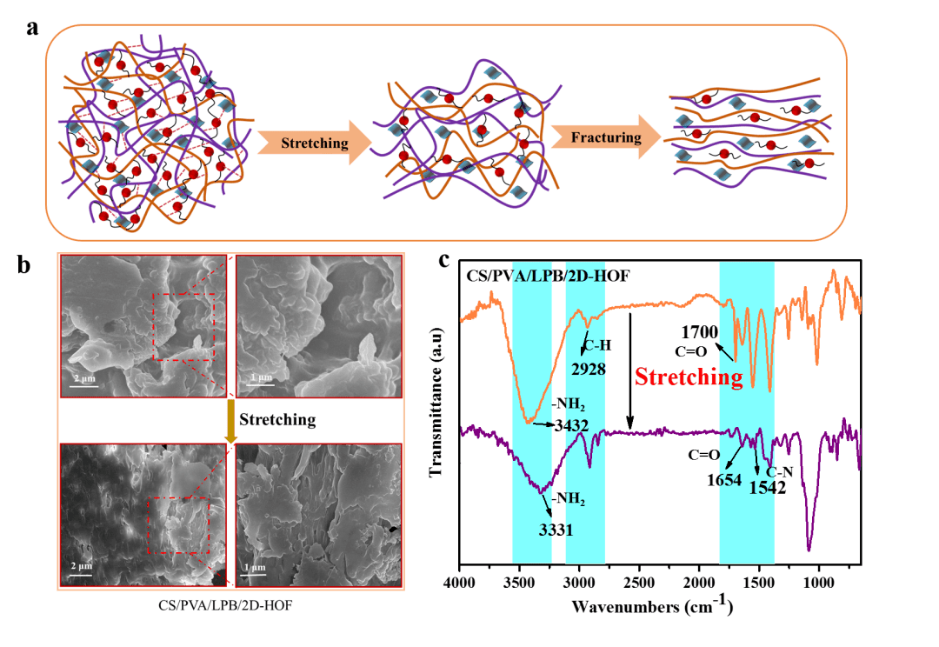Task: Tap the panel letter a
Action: (33, 28)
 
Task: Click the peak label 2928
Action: (588, 368)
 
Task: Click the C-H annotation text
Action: (598, 346)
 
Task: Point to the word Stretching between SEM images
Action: (276, 420)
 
